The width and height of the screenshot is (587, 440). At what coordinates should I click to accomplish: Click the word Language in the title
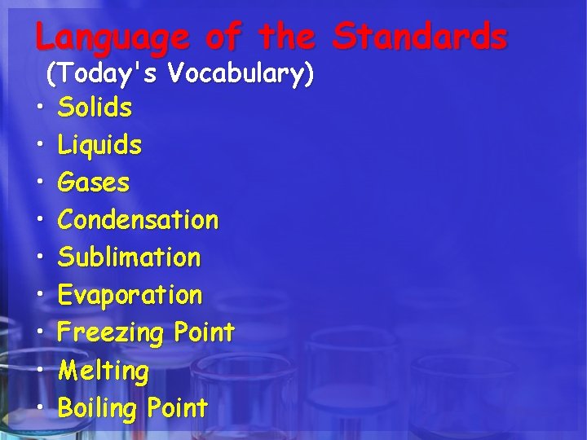[113, 37]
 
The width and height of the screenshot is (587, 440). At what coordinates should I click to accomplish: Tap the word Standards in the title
[420, 36]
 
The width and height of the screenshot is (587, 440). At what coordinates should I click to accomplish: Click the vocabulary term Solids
[95, 107]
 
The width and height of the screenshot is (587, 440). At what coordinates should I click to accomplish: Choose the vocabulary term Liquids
[99, 146]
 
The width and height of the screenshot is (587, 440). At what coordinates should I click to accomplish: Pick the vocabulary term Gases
[94, 183]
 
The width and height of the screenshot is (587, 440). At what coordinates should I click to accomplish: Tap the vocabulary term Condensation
[139, 220]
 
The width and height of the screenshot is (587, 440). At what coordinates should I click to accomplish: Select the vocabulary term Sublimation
[129, 257]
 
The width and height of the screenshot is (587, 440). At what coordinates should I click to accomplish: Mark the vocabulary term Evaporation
[130, 295]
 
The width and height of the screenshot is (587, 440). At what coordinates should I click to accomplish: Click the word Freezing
[112, 333]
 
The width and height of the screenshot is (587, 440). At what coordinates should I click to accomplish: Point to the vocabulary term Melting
[104, 372]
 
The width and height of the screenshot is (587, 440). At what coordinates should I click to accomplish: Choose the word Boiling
[101, 408]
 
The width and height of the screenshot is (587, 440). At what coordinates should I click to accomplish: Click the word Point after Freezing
[203, 332]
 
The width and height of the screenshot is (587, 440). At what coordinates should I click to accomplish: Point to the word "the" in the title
[285, 36]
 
